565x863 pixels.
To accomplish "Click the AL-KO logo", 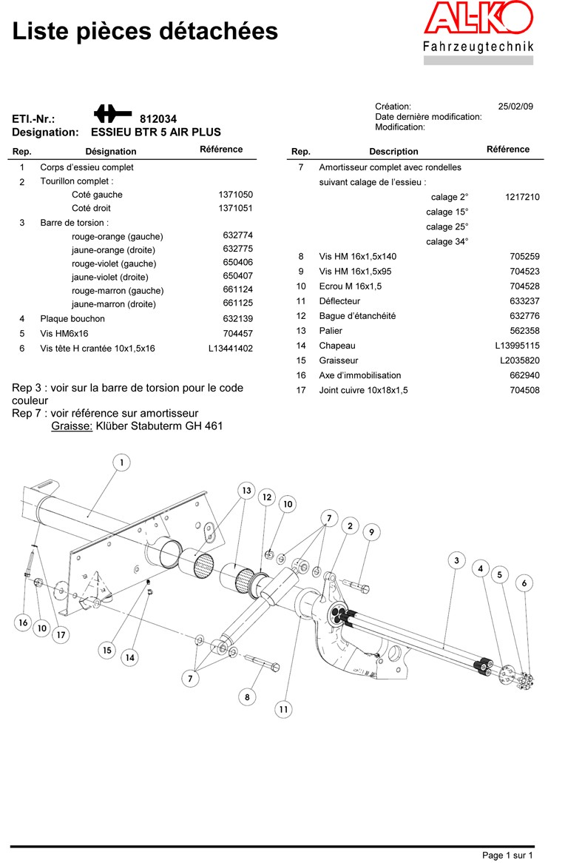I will (x=478, y=19).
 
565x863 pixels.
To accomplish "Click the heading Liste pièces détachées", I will (x=146, y=31).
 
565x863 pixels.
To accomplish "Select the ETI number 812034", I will (x=158, y=118).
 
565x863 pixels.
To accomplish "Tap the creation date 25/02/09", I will (x=515, y=107).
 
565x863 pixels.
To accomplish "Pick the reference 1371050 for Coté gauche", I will (x=235, y=195).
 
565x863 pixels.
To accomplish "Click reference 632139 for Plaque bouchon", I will (x=237, y=319).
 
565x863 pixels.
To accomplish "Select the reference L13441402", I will (x=231, y=348).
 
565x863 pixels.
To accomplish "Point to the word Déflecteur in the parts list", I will (x=339, y=301).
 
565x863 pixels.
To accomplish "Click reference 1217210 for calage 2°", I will (x=522, y=197).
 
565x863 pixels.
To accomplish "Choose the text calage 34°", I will (x=447, y=242).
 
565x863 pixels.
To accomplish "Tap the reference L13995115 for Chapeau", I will (x=518, y=346).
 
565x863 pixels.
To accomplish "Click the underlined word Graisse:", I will (x=72, y=426).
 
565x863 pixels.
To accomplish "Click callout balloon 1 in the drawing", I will (x=121, y=463).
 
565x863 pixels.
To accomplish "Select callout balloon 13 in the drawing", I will (x=246, y=491).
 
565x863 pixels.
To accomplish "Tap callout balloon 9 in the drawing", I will (x=371, y=531).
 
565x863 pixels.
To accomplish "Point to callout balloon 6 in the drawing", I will (x=524, y=583).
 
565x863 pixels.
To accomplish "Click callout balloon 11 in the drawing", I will (x=283, y=709).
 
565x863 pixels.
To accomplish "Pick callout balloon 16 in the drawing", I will (x=23, y=623).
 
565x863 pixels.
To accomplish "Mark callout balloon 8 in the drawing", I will (x=247, y=696).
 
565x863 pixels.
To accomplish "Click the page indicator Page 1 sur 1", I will (x=507, y=856).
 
